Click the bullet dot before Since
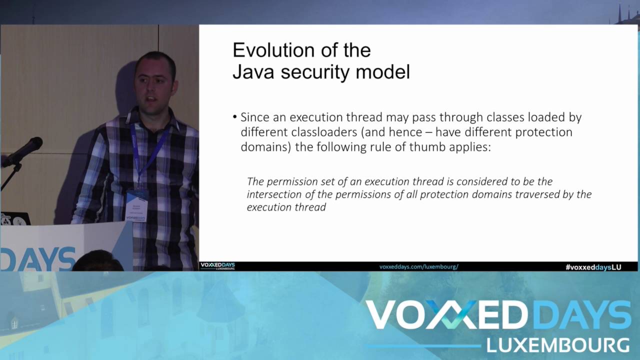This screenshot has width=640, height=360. click(x=235, y=117)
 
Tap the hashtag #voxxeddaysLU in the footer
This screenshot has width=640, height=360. click(x=593, y=267)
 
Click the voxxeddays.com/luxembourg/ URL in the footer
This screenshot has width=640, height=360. click(x=418, y=267)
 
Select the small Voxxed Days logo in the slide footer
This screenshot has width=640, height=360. click(x=217, y=266)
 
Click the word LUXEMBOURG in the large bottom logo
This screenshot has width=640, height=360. click(x=557, y=345)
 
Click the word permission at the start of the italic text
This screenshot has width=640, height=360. click(x=288, y=181)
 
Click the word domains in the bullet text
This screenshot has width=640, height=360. click(x=264, y=147)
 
